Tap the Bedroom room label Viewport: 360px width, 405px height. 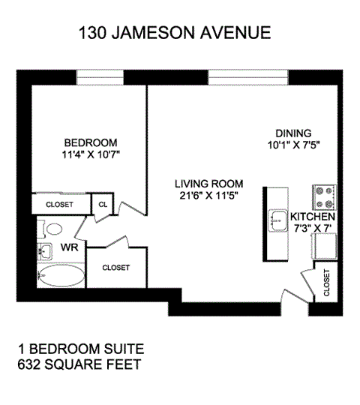point(91,143)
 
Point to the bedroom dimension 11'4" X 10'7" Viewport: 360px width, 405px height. point(91,155)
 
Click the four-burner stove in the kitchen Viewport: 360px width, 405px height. point(324,197)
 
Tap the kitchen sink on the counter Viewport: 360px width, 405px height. point(276,220)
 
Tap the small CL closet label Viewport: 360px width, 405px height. point(101,203)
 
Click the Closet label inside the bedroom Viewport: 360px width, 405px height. point(59,204)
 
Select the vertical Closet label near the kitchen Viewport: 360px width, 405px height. point(327,283)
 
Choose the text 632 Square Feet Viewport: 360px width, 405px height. point(78,365)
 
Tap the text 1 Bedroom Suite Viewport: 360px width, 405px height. point(80,350)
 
